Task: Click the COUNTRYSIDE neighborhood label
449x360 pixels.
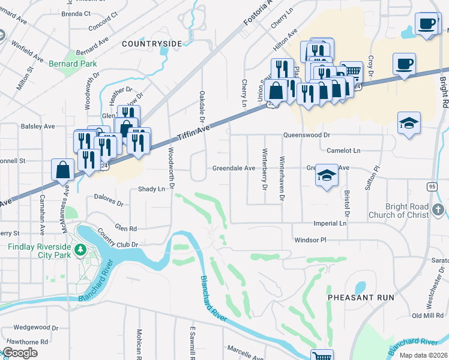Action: pyautogui.click(x=151, y=44)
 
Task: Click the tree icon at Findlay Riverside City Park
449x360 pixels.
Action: pyautogui.click(x=79, y=247)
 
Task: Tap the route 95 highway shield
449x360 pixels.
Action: pyautogui.click(x=432, y=187)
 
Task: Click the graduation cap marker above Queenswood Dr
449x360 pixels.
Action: pyautogui.click(x=409, y=123)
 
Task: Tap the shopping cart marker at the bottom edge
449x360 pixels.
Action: pyautogui.click(x=322, y=355)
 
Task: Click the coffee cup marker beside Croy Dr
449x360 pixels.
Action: pyautogui.click(x=404, y=63)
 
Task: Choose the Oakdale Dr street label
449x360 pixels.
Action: pyautogui.click(x=203, y=106)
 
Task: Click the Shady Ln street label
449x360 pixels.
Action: pyautogui.click(x=151, y=189)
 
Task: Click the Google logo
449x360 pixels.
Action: pyautogui.click(x=20, y=353)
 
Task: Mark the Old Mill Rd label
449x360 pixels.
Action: pyautogui.click(x=427, y=316)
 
